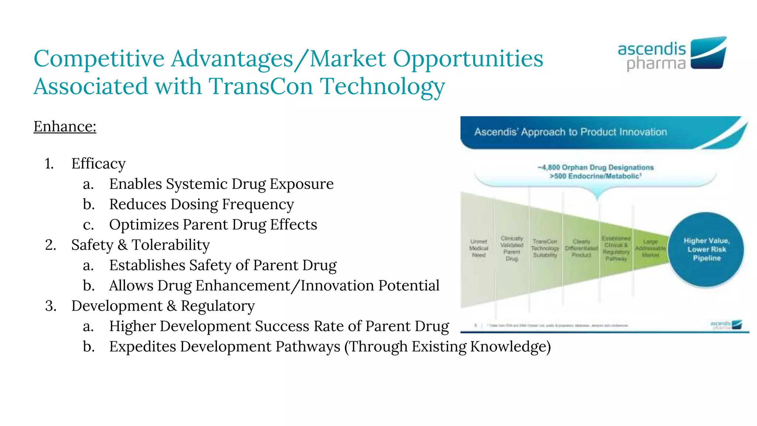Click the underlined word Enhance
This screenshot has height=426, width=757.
coord(65,126)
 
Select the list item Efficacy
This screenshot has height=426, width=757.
coord(98,163)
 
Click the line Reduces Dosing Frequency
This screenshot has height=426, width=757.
coord(201,204)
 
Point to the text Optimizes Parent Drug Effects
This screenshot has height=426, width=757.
coord(213,224)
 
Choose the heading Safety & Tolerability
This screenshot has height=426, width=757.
coord(140,245)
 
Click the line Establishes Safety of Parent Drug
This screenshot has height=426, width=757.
coord(223,265)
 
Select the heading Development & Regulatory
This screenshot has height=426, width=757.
coord(163,306)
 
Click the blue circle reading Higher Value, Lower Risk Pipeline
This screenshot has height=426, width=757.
coord(706,249)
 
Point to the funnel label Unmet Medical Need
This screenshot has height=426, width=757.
coord(479,248)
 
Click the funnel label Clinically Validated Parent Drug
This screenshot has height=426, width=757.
coord(512,248)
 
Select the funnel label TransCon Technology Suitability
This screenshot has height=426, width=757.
coord(545,248)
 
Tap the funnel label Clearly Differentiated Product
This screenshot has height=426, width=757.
coord(581,248)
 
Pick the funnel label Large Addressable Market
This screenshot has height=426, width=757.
coord(651,248)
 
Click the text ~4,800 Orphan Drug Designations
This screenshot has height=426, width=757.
coord(595,168)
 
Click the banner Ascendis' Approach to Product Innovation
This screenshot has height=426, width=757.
coord(571,132)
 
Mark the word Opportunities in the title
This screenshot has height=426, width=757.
coord(468,58)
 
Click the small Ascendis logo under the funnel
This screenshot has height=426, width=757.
coord(726,325)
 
